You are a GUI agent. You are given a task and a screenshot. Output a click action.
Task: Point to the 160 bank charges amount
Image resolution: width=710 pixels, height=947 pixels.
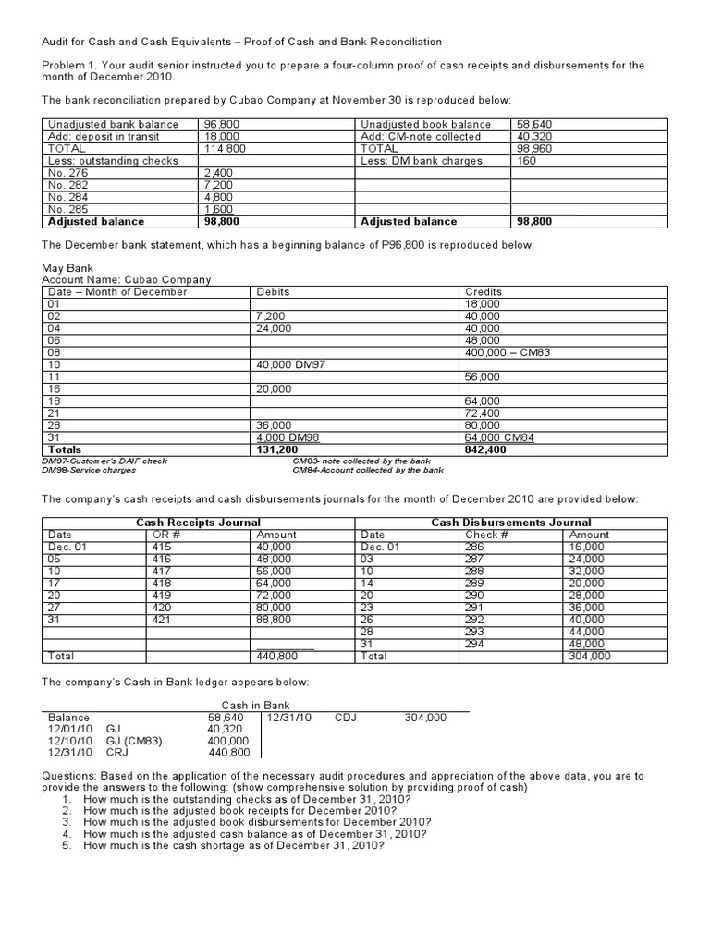(526, 160)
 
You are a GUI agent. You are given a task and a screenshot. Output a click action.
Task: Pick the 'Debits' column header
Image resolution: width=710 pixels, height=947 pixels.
(273, 291)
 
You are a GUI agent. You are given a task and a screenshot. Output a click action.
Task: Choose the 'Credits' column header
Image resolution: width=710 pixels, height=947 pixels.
(484, 291)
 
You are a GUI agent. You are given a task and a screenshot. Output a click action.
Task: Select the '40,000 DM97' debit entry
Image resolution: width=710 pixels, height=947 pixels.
(287, 364)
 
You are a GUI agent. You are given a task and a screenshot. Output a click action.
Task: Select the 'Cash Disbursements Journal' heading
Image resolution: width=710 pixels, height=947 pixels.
(511, 523)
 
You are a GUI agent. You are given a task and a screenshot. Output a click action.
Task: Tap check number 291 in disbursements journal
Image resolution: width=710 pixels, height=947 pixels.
(473, 607)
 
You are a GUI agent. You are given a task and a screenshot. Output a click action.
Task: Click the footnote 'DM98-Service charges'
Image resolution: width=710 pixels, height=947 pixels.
(89, 470)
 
